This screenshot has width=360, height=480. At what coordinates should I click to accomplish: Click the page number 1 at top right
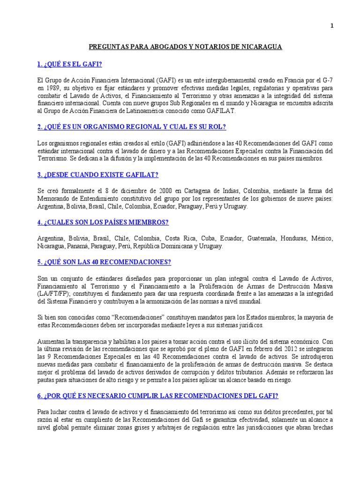tap(332, 26)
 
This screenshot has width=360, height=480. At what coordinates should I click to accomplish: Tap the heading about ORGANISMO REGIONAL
tap(132, 127)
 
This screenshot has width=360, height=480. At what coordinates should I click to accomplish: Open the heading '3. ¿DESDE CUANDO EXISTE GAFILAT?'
tap(98, 175)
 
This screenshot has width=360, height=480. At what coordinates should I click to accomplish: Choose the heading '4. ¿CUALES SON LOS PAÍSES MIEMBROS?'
tap(103, 222)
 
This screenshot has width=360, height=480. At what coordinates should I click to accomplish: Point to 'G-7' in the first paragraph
tap(327, 80)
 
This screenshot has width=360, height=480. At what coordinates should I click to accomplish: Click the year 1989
tap(55, 87)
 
